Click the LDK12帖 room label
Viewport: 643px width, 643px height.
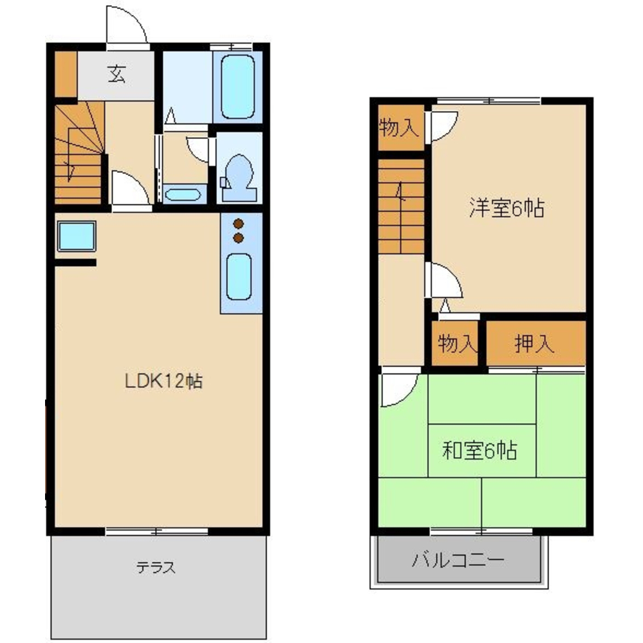tap(163, 381)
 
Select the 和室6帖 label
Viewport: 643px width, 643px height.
tap(480, 451)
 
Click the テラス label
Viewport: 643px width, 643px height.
tap(156, 567)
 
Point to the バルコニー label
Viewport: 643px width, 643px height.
tap(458, 560)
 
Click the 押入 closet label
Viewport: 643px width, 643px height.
tap(534, 344)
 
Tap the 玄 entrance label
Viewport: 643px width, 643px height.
tap(116, 75)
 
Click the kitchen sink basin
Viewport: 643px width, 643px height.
tap(238, 276)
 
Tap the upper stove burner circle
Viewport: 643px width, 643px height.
tap(239, 224)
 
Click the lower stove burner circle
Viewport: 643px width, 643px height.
tap(239, 239)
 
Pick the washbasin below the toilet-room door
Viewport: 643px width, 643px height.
tap(185, 194)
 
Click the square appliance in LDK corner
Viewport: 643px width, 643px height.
tap(77, 237)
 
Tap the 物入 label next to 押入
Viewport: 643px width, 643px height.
tap(456, 344)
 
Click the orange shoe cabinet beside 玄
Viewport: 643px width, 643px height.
tap(65, 73)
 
